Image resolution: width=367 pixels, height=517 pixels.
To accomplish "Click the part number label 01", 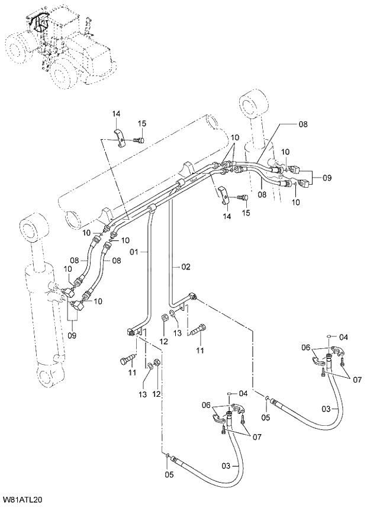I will (x=134, y=252).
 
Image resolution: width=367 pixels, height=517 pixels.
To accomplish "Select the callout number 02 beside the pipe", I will (x=185, y=267).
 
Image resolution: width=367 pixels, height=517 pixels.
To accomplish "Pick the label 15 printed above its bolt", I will (x=142, y=123).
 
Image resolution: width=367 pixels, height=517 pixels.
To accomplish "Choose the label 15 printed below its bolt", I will (x=246, y=213).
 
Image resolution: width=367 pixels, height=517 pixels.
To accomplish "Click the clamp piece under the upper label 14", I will (x=120, y=136).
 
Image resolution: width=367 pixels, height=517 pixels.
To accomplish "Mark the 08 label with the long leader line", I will (x=302, y=125).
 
